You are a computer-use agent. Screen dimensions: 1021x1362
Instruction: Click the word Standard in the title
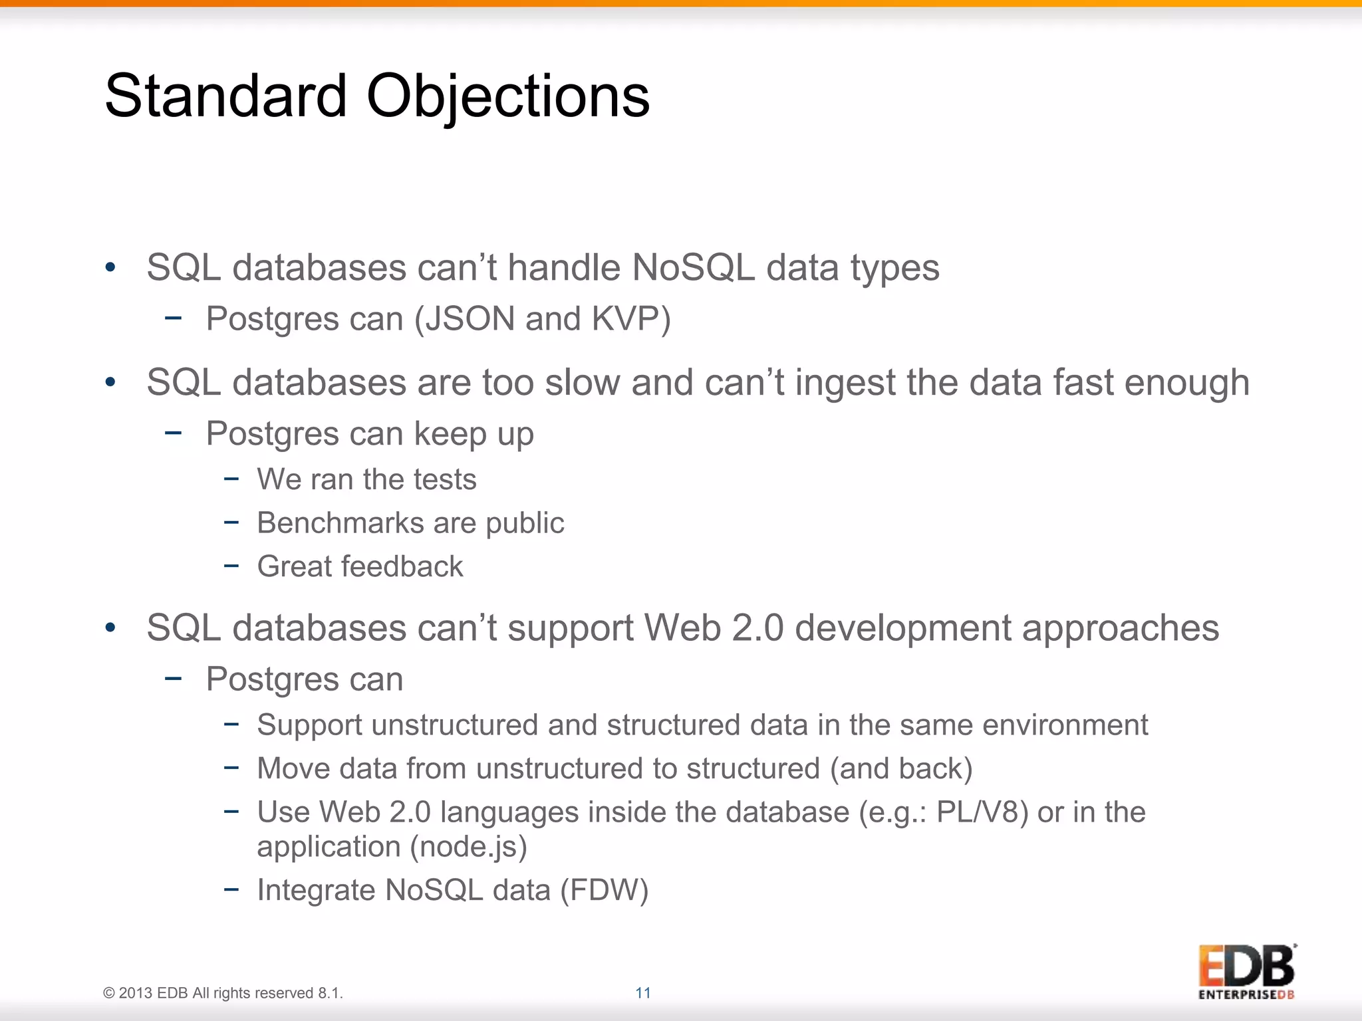(226, 96)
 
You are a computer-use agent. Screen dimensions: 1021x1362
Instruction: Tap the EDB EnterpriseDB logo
(1246, 971)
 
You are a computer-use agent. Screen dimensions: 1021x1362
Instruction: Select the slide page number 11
(642, 992)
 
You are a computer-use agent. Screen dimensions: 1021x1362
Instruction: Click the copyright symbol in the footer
(109, 993)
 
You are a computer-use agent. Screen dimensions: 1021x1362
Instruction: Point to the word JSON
(470, 318)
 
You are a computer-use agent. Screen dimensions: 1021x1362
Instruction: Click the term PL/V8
(977, 812)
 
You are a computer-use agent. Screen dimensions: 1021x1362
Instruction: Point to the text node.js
(468, 847)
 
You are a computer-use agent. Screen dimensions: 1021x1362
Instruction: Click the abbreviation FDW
(604, 890)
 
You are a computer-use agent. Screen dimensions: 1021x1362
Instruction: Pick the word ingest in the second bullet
(845, 384)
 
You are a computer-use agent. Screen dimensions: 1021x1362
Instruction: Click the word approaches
(1120, 629)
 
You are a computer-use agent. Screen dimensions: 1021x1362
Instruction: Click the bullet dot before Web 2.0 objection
(110, 628)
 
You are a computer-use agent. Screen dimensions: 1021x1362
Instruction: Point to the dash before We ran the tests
(231, 479)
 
